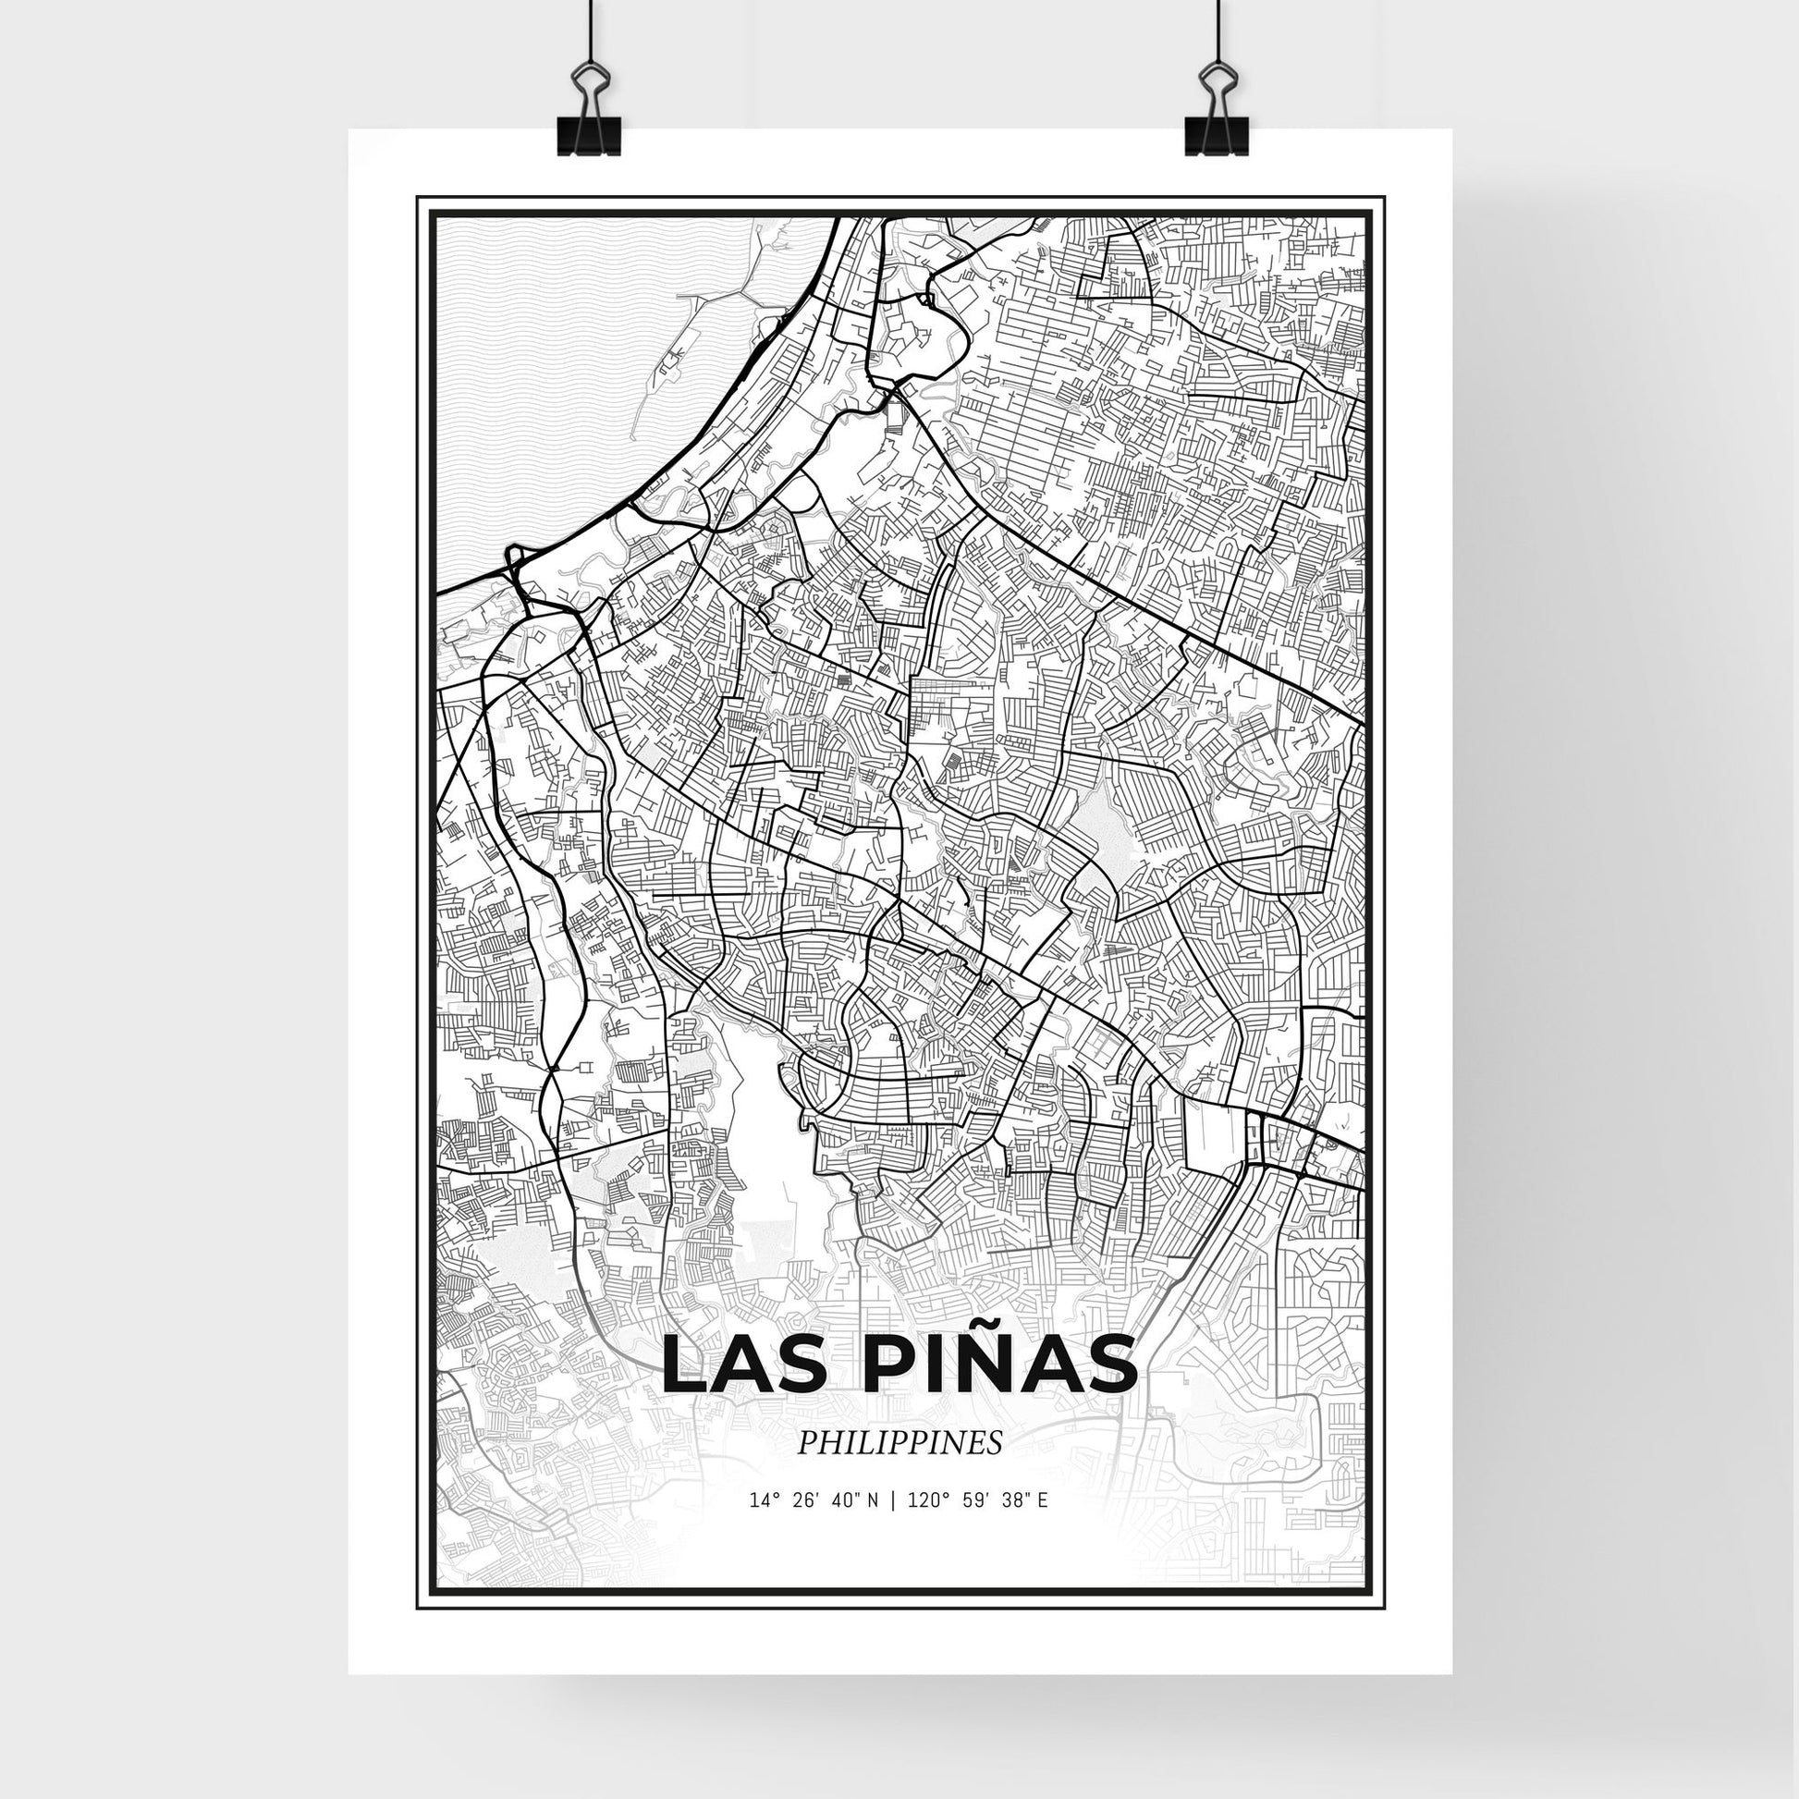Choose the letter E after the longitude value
(1043, 1527)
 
